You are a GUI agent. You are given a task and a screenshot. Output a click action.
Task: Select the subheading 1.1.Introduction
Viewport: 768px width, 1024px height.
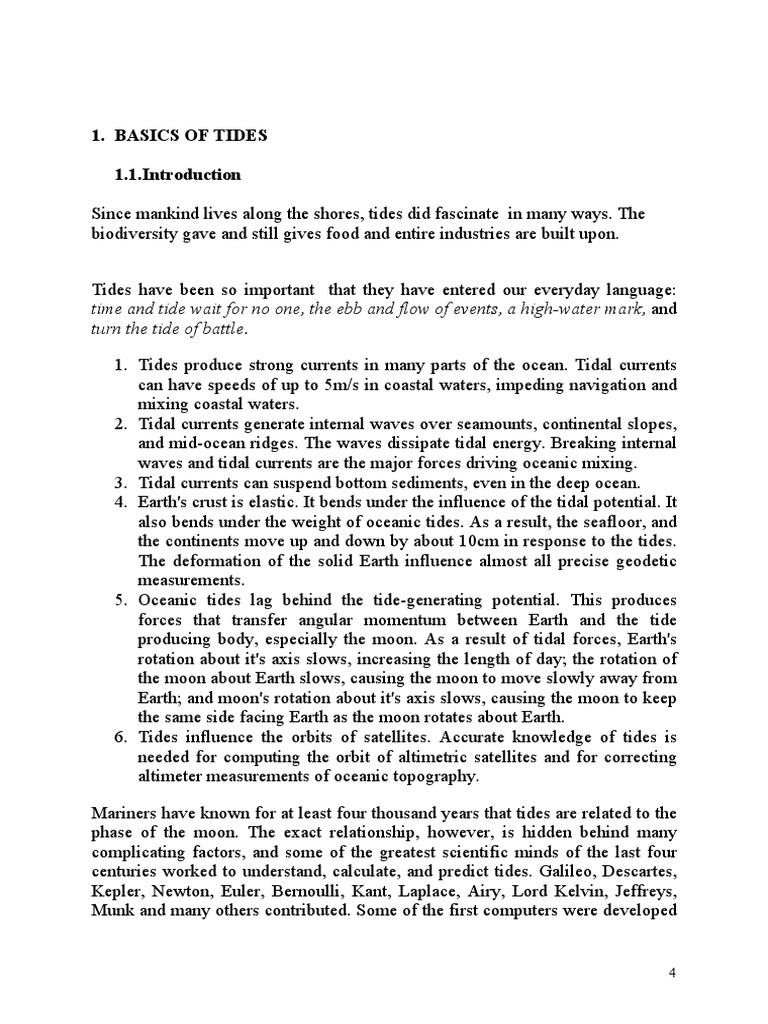coord(179,175)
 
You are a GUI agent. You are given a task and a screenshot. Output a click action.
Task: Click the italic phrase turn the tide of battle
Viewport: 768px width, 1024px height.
coord(167,329)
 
